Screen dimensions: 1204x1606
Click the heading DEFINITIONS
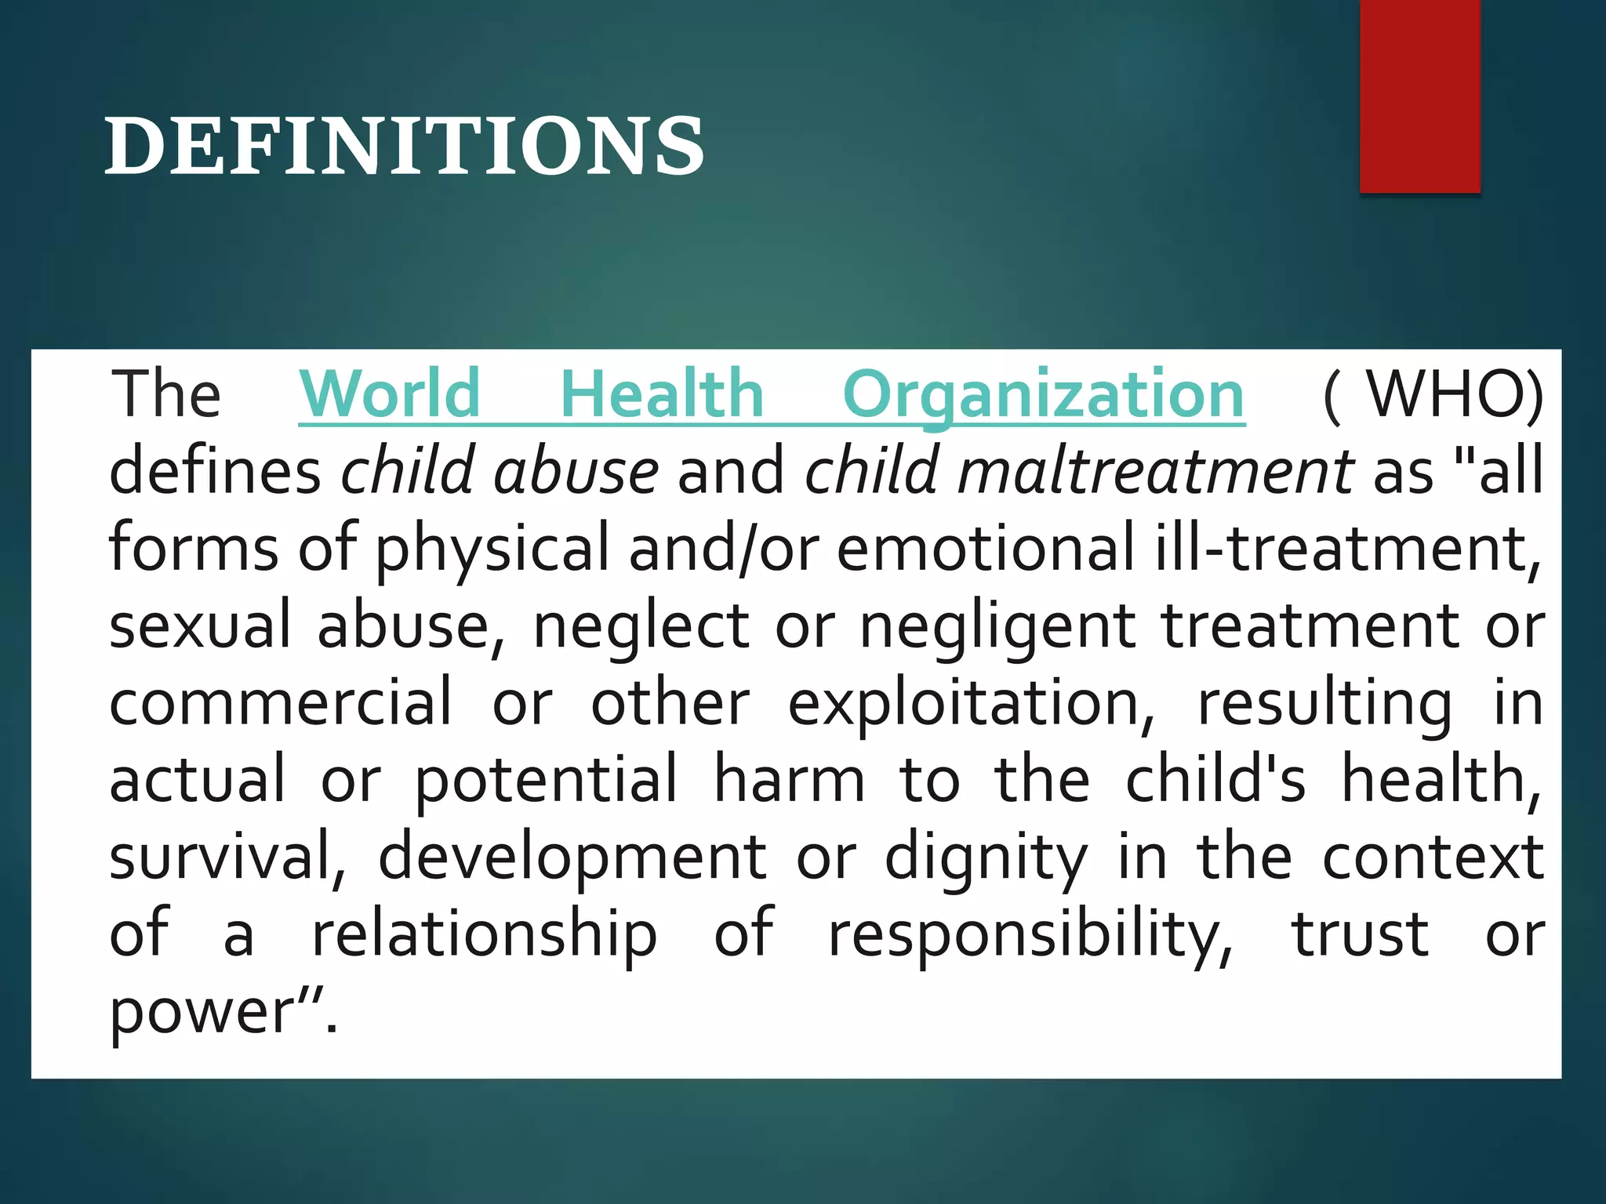tap(405, 147)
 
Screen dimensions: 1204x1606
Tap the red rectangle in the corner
tap(1419, 96)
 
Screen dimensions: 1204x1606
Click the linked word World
tap(390, 394)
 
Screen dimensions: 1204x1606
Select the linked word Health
tap(662, 394)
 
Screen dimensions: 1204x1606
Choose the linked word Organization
tap(1044, 396)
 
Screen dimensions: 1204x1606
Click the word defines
tap(215, 471)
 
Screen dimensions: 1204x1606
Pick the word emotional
tap(986, 548)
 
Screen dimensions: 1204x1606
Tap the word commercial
tap(281, 702)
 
